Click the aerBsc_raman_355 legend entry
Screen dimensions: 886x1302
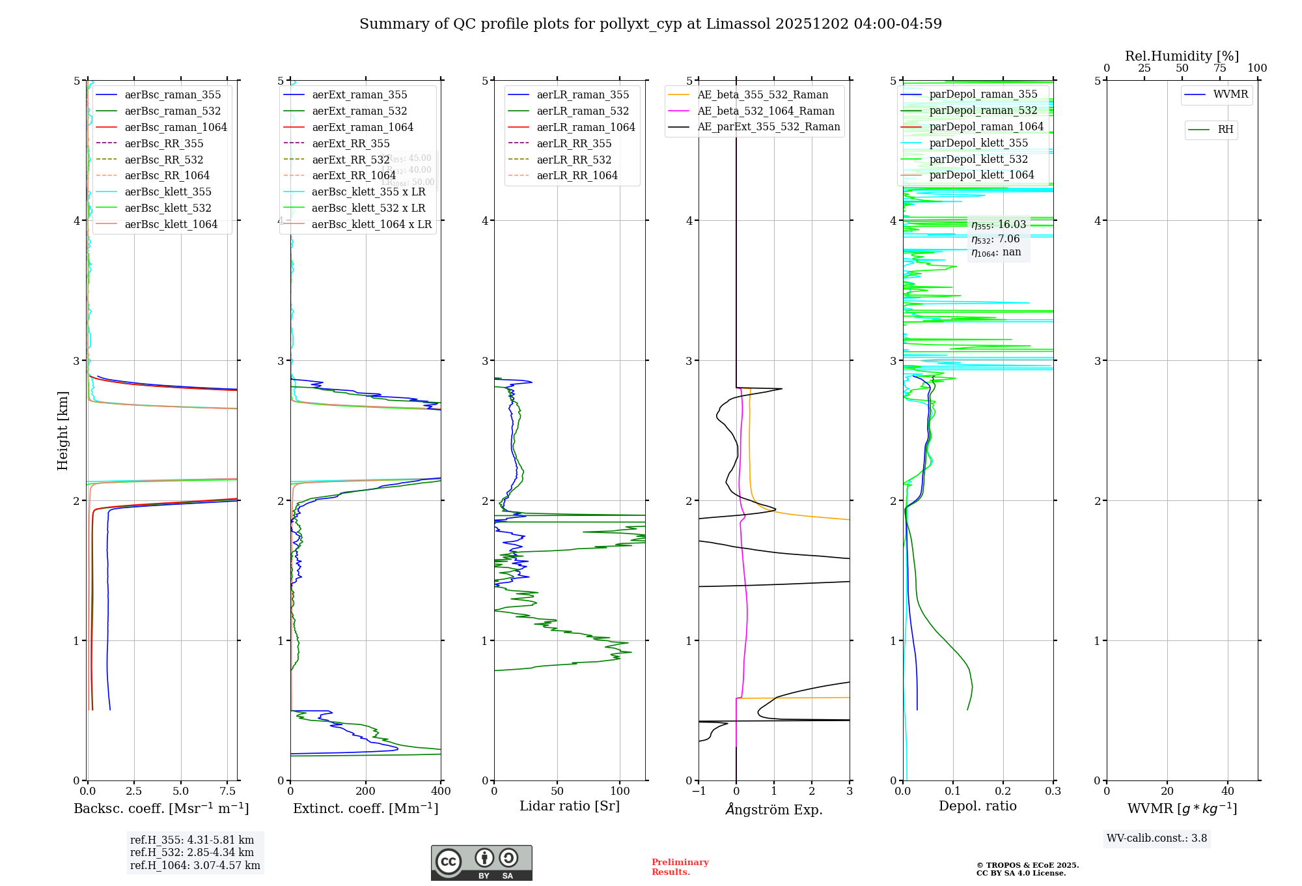173,95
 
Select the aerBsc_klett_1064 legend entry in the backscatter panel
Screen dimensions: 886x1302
171,224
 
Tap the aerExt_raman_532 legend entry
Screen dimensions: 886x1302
359,111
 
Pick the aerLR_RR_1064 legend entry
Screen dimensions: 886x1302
577,175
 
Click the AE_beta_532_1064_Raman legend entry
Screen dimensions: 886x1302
766,111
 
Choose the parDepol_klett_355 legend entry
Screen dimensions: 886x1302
978,143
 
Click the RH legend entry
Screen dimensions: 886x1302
1225,130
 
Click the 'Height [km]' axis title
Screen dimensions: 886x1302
62,431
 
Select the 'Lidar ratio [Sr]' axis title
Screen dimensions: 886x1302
570,806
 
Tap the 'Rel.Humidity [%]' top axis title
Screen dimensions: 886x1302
1182,56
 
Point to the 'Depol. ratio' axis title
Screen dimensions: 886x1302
977,806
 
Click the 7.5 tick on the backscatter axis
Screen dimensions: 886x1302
227,792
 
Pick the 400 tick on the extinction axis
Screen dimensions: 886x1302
441,792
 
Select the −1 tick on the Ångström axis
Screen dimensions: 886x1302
699,792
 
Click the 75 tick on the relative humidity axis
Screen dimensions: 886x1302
1219,68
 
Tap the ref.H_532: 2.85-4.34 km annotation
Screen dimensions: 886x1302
192,853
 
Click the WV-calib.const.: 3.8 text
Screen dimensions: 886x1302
1157,838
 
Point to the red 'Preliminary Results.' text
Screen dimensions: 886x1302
680,867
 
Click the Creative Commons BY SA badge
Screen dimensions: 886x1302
481,863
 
